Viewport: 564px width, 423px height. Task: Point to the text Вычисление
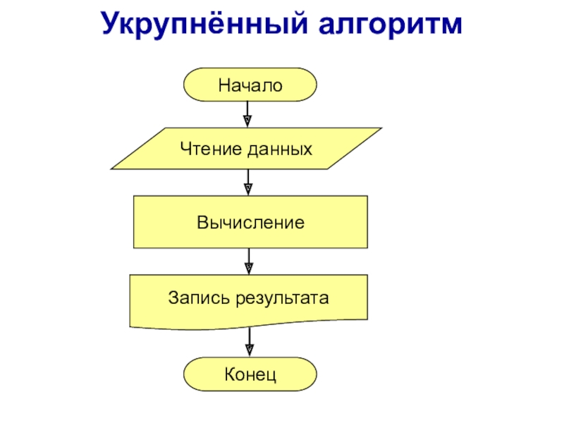pos(250,223)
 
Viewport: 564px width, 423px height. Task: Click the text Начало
pos(250,85)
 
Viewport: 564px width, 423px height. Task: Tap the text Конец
pos(250,374)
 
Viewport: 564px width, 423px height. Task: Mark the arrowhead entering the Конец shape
pos(249,350)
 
